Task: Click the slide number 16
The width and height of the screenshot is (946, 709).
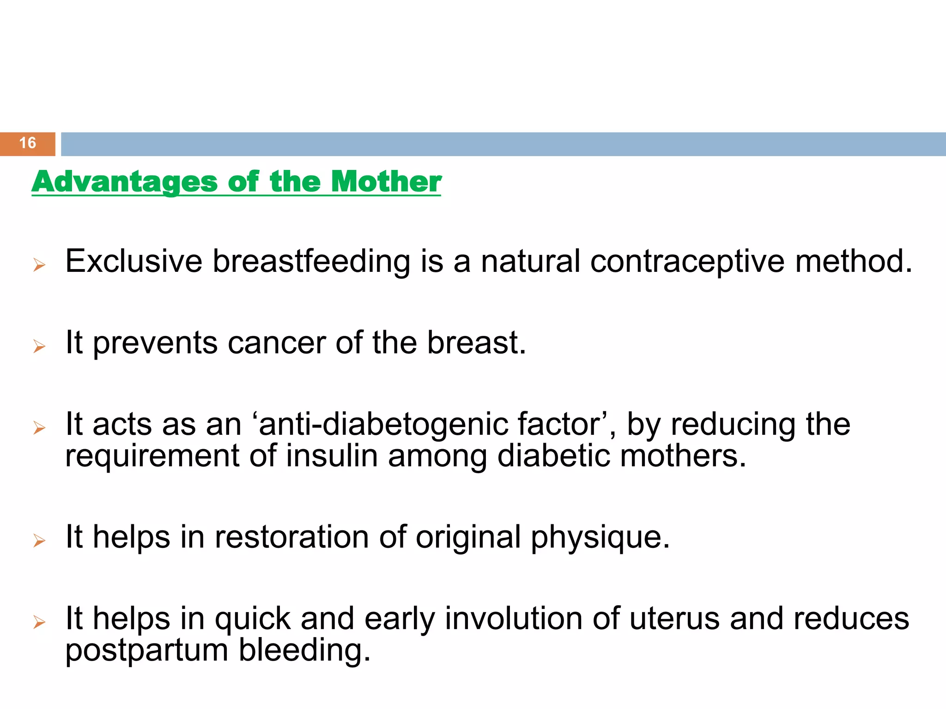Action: click(x=28, y=143)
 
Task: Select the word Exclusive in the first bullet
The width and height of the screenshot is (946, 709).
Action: click(x=134, y=262)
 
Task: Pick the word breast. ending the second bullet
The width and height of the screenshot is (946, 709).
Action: click(x=476, y=343)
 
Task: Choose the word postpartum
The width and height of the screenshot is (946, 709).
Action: click(x=147, y=651)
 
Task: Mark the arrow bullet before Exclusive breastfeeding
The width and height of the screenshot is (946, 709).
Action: click(x=40, y=265)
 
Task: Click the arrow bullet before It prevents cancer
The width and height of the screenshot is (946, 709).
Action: click(x=40, y=346)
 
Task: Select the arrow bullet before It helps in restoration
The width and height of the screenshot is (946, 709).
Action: click(x=40, y=540)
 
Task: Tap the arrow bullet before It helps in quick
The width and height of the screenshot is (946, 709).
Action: click(x=40, y=622)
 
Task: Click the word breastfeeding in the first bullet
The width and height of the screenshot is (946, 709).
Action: click(x=311, y=262)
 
